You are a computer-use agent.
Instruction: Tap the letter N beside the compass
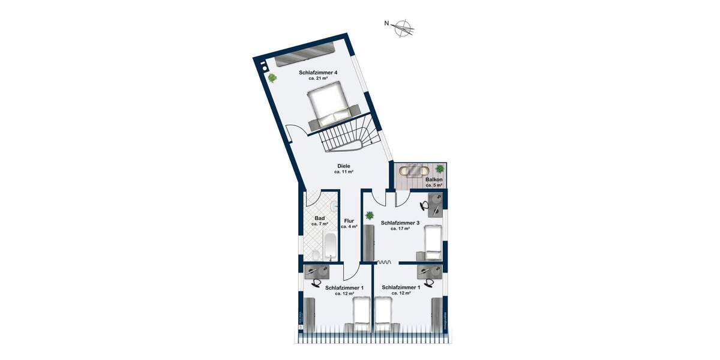388,24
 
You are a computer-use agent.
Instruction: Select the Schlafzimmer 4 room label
318,73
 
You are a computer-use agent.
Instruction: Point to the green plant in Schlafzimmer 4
272,77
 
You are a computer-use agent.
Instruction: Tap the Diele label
344,166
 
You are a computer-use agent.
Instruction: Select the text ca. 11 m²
344,172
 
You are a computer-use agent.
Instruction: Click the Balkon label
434,179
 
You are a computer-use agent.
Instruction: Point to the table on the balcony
415,171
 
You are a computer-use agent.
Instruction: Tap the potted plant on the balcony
440,169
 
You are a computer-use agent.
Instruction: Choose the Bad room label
320,218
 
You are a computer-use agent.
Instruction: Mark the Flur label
349,221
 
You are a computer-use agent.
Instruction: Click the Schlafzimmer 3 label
400,221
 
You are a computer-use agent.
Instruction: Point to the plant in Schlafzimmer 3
370,214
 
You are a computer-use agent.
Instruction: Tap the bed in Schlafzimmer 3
433,241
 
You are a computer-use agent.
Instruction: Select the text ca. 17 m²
400,229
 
